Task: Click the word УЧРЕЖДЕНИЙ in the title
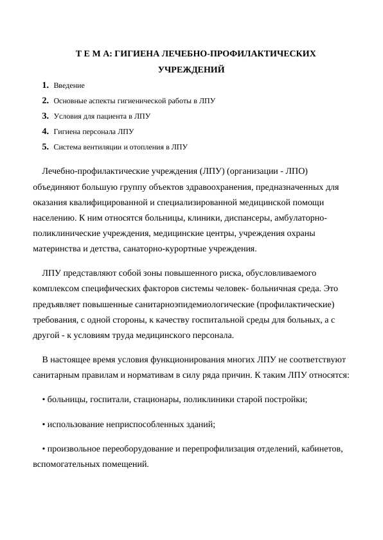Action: coord(191,69)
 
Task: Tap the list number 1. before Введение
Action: coord(45,85)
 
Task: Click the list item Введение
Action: coord(69,85)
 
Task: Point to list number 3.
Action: coord(45,116)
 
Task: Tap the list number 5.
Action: coord(45,147)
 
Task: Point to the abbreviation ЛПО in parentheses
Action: coord(293,172)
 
